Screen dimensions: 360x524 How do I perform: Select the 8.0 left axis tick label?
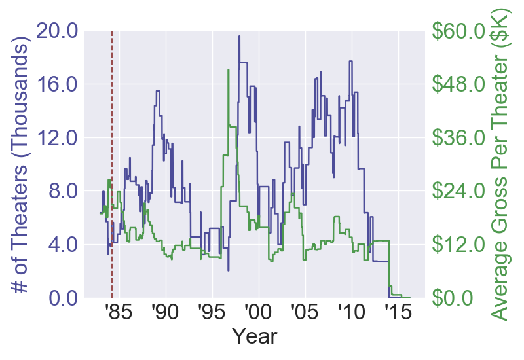point(65,191)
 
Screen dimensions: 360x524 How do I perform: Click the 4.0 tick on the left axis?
point(65,245)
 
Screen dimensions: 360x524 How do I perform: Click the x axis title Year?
point(255,338)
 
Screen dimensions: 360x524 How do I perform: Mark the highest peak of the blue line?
point(239,36)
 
